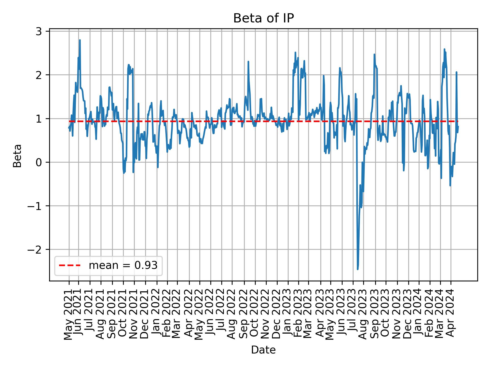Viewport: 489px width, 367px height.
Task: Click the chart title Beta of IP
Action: pyautogui.click(x=263, y=18)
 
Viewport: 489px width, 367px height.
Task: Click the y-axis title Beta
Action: pyautogui.click(x=17, y=156)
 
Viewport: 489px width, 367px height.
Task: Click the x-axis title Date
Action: pyautogui.click(x=263, y=350)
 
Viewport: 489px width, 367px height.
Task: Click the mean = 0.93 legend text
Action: pyautogui.click(x=123, y=266)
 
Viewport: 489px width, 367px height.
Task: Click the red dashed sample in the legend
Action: pyautogui.click(x=70, y=266)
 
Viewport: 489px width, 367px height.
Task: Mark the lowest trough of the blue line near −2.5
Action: pyautogui.click(x=358, y=269)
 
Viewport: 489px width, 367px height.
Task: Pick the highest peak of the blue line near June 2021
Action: pyautogui.click(x=80, y=40)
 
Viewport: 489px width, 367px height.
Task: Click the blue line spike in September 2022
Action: pyautogui.click(x=248, y=61)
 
